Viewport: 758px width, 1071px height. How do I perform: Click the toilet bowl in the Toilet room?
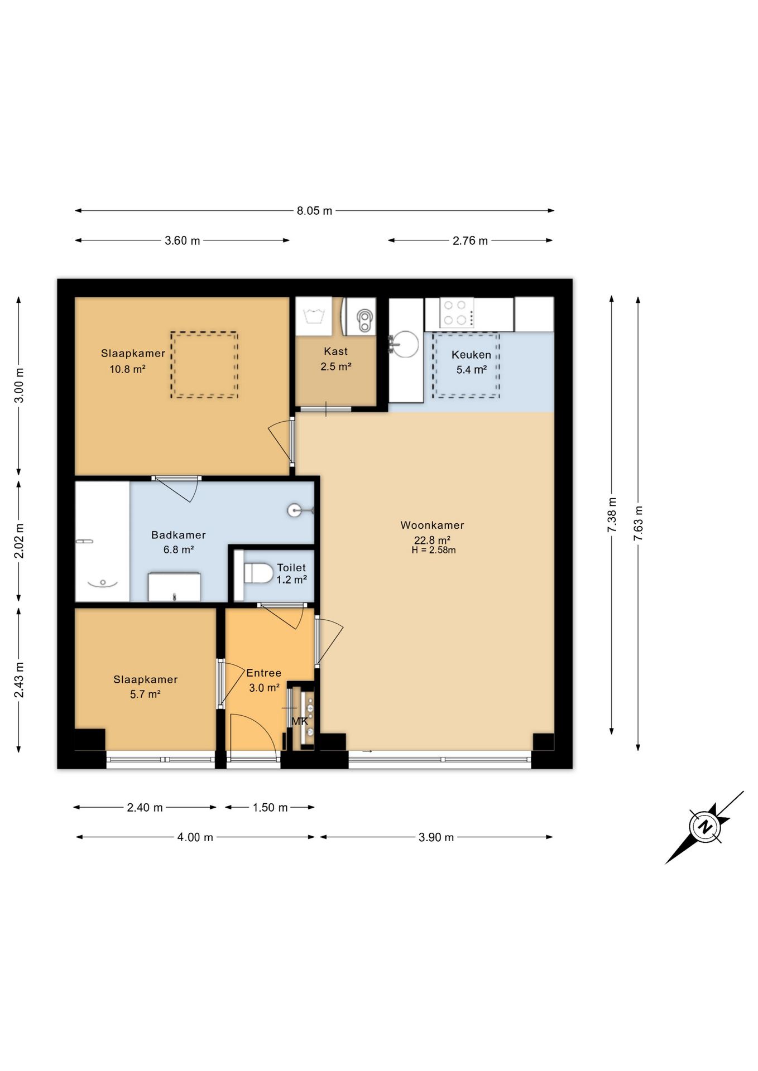point(258,573)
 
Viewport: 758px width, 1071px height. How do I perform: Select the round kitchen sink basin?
point(404,344)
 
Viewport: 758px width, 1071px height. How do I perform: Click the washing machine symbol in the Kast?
point(314,316)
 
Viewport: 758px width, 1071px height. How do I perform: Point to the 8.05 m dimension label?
point(314,211)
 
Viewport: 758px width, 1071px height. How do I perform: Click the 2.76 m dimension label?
point(470,240)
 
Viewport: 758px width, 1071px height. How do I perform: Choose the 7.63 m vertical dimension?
point(639,523)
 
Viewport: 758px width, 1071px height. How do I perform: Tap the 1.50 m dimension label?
point(270,807)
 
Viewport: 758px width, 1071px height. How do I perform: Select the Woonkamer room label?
point(432,525)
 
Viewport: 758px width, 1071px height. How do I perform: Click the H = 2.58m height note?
point(434,550)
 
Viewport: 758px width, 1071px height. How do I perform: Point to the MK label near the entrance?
point(300,721)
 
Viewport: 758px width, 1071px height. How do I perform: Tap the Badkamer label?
point(179,535)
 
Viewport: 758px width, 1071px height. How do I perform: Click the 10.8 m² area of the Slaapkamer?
point(128,369)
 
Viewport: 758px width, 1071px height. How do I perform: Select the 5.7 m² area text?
point(145,694)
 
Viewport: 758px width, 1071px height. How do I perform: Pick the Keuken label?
point(471,355)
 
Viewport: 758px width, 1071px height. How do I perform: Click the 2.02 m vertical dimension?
point(19,541)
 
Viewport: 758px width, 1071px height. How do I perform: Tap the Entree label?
point(263,673)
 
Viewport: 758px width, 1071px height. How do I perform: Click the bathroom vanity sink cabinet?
point(174,587)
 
